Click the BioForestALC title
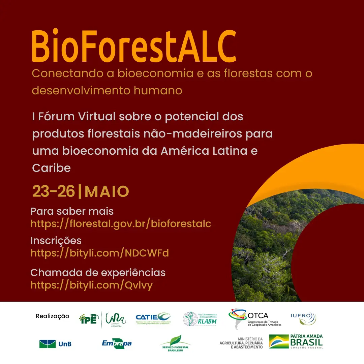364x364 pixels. tap(133, 46)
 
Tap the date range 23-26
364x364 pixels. tap(53, 191)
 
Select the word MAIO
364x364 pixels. tap(107, 191)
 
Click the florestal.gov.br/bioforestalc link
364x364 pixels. tap(121, 223)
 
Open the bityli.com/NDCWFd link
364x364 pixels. tap(99, 253)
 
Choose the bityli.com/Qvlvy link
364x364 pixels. tap(91, 285)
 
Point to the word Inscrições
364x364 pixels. tap(56, 241)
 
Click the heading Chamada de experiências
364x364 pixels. tap(98, 272)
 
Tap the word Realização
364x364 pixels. tap(52, 316)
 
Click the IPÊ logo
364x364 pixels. tap(89, 318)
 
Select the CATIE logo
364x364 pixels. tap(153, 318)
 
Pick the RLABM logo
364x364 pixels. tap(200, 318)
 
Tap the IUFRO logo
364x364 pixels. tap(303, 318)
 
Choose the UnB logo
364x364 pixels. tap(55, 344)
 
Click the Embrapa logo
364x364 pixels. tap(117, 343)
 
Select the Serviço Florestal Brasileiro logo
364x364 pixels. tap(175, 344)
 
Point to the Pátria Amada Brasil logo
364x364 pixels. tap(296, 341)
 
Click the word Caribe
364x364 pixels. tap(51, 168)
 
